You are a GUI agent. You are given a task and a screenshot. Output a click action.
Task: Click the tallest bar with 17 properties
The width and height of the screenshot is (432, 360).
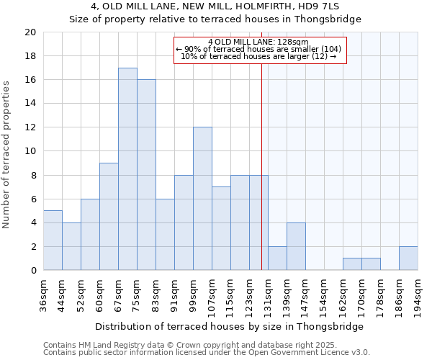(x=127, y=169)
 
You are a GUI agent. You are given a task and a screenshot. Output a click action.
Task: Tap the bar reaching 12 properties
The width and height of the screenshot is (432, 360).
(x=202, y=199)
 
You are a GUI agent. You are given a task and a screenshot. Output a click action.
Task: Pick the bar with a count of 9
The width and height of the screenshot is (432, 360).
(x=109, y=217)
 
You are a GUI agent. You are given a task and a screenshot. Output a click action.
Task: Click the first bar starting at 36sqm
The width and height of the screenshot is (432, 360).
(x=53, y=240)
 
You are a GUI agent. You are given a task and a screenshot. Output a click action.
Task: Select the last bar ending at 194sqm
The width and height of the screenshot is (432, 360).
(x=408, y=258)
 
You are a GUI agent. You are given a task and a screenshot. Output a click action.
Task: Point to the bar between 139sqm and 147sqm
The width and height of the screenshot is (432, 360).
(x=296, y=246)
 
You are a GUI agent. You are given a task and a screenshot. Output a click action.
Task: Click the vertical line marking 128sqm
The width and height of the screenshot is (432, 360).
(x=261, y=180)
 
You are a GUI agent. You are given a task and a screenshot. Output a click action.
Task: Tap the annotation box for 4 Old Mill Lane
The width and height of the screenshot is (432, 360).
(x=261, y=49)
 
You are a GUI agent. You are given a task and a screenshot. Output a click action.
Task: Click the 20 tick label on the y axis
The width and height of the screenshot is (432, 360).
(x=30, y=32)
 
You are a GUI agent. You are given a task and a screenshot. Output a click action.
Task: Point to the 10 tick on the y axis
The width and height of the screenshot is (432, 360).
(x=30, y=151)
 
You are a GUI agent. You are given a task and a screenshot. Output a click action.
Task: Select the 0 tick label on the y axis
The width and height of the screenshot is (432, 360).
(x=32, y=271)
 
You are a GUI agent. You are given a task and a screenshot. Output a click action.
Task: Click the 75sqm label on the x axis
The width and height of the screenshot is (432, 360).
(x=137, y=294)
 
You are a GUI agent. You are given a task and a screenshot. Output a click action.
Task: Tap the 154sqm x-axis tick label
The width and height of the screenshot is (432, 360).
(x=324, y=295)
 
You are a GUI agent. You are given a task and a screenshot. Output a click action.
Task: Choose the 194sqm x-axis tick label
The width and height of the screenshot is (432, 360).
(x=418, y=295)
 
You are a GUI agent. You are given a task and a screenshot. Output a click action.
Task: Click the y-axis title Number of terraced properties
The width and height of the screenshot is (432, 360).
(x=6, y=155)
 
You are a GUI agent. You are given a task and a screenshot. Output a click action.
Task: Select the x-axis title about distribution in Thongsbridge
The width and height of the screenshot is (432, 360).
(x=229, y=326)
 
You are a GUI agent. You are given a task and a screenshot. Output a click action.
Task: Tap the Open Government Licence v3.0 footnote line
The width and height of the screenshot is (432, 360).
(x=206, y=353)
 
